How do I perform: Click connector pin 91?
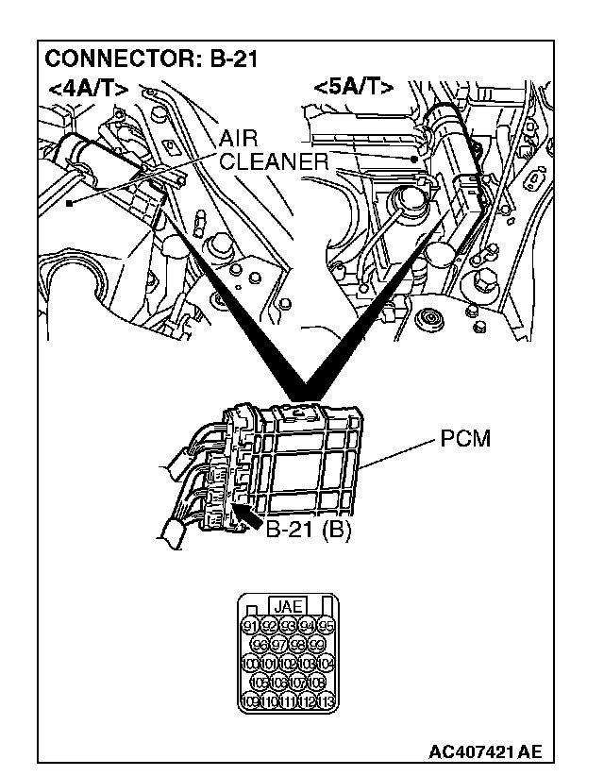251,625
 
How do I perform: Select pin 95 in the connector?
326,625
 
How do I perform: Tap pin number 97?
279,644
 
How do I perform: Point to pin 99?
316,644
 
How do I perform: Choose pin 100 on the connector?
251,663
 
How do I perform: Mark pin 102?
289,663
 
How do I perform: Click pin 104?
326,663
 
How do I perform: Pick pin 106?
279,682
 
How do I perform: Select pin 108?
316,682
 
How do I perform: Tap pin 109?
251,700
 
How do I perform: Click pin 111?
289,700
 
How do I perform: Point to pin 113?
326,700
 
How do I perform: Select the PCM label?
465,441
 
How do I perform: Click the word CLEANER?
274,161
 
